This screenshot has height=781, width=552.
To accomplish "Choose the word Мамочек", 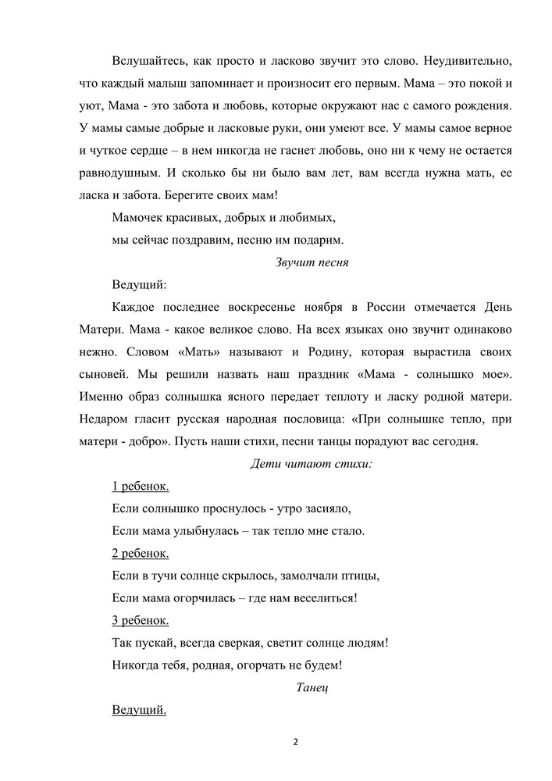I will [140, 217].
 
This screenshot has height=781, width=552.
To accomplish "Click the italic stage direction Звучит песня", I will [311, 262].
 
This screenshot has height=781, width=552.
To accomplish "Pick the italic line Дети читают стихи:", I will [311, 463].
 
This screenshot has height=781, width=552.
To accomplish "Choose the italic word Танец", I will [314, 687].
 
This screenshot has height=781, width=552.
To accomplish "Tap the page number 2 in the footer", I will [296, 741].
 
